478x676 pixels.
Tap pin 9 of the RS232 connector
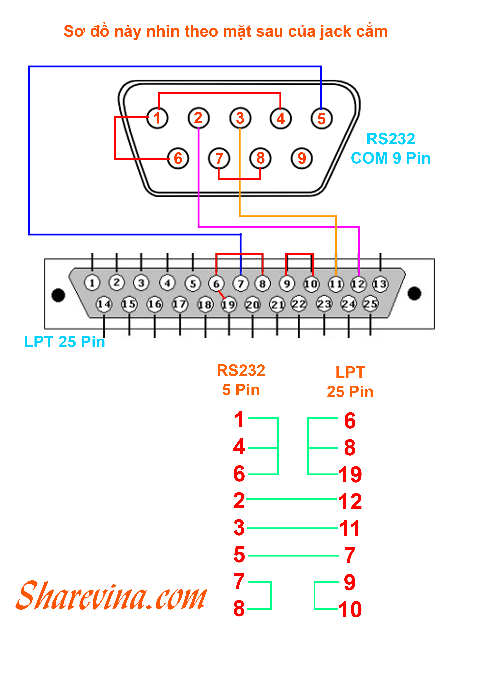pos(302,158)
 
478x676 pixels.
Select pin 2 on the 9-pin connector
pos(199,118)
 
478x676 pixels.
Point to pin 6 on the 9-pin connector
pos(178,158)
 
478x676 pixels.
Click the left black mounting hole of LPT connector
pos(58,295)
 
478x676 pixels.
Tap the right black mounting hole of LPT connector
pos(414,293)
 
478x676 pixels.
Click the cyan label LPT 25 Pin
pos(65,342)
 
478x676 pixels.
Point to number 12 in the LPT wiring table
pos(350,502)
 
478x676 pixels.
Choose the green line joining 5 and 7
pos(294,556)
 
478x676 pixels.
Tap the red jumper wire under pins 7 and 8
pos(239,179)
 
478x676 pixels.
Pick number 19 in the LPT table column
pos(350,475)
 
